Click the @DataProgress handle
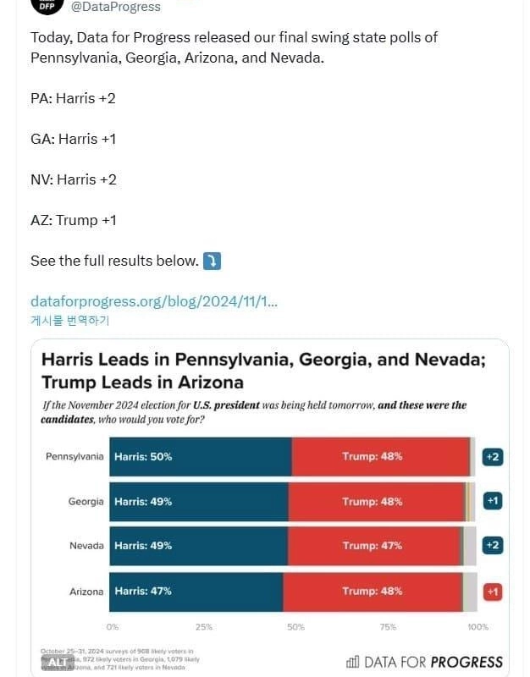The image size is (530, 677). tap(116, 7)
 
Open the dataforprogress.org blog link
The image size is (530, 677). tap(154, 301)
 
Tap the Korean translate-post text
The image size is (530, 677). tap(69, 320)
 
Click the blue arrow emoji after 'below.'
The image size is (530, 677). tap(212, 261)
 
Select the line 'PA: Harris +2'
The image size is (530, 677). tap(73, 98)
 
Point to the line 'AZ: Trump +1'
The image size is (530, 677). tap(73, 220)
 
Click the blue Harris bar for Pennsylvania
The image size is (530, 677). tap(201, 457)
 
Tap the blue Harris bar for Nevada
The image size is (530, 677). tap(199, 546)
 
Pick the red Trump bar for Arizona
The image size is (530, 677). tap(373, 592)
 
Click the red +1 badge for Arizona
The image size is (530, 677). tap(492, 592)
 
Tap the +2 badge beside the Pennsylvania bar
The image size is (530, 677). tap(492, 457)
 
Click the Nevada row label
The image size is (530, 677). tap(86, 546)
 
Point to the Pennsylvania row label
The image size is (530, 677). tap(75, 457)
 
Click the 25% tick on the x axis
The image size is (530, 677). tap(204, 627)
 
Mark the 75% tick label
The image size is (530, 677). tap(388, 627)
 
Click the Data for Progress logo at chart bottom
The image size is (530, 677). tap(424, 662)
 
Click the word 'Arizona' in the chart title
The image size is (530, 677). tap(203, 382)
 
